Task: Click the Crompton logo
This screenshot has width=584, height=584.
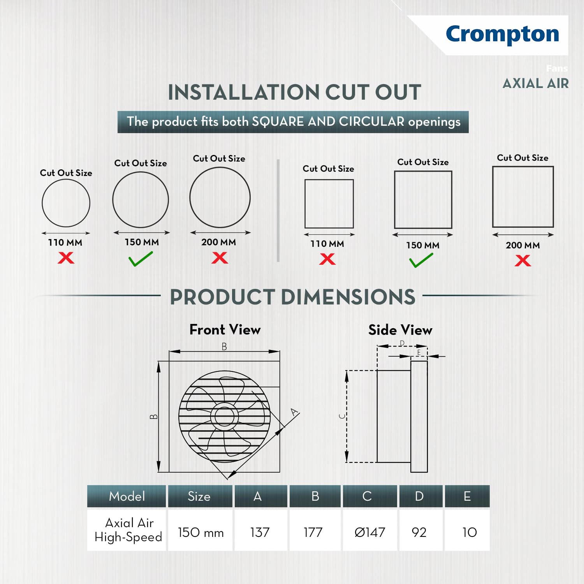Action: [x=502, y=34]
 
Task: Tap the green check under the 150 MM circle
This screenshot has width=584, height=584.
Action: [x=141, y=259]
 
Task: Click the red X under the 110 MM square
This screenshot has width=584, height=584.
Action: [x=327, y=259]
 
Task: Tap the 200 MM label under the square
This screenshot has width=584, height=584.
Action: [x=523, y=245]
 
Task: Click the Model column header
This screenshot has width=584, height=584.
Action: [x=127, y=496]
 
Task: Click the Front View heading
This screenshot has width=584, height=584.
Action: [x=225, y=330]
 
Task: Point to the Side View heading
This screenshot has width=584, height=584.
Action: [x=400, y=330]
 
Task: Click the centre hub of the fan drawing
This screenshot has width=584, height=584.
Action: [x=225, y=416]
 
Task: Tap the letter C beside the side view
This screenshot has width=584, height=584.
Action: [x=342, y=416]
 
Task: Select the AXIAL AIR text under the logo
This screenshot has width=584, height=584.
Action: [x=536, y=83]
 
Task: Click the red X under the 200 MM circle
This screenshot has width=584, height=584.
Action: [x=220, y=257]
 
